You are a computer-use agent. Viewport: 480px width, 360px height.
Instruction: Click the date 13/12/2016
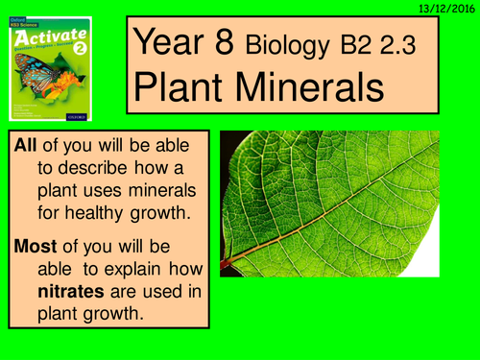pos(444,8)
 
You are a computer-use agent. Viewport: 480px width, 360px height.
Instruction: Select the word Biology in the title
pos(285,45)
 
